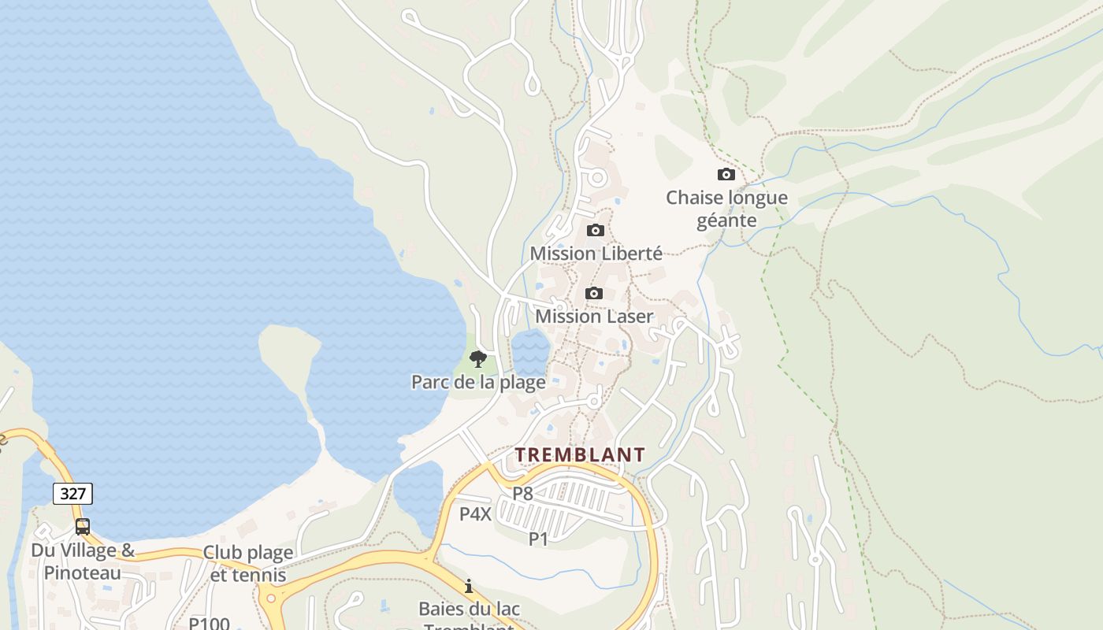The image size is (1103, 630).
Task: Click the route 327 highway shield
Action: (73, 494)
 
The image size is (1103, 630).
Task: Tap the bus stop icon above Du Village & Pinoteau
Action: (83, 526)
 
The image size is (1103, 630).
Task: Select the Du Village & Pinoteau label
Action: (83, 561)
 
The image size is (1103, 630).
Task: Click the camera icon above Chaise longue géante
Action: (726, 174)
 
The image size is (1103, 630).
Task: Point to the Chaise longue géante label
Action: (726, 209)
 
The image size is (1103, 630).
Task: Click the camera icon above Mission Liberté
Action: (596, 230)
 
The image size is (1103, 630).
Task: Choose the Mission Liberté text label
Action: (596, 253)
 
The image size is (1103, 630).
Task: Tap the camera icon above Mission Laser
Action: (594, 293)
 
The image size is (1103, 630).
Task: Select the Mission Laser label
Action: (594, 316)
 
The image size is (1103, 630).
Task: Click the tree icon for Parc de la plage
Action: (477, 359)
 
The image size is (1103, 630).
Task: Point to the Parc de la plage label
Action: (478, 382)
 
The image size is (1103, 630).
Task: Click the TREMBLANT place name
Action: (580, 454)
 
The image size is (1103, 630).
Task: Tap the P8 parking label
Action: (523, 494)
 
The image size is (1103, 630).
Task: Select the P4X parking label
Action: (475, 514)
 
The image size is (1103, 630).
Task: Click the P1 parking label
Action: (538, 539)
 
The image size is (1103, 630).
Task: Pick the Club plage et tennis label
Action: (248, 563)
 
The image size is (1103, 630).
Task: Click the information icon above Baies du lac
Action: (469, 586)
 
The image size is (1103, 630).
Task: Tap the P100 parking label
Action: (209, 623)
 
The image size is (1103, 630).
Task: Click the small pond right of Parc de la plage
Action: (530, 351)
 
